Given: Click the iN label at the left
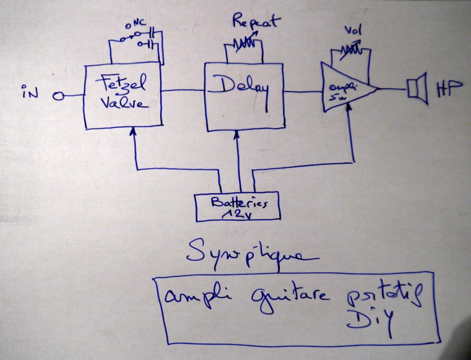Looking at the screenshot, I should click(30, 93).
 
